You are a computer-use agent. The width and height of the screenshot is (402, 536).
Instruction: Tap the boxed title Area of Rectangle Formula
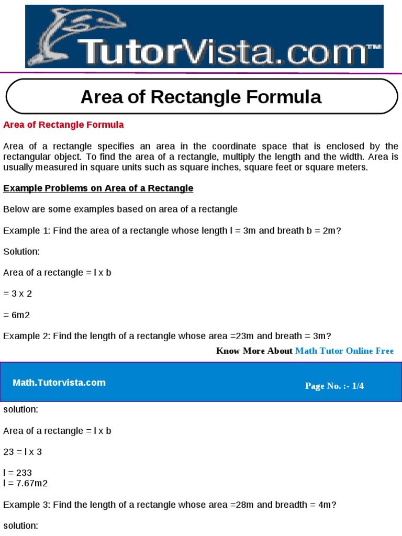(x=201, y=97)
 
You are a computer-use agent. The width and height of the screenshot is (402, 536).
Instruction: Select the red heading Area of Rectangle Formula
(x=63, y=125)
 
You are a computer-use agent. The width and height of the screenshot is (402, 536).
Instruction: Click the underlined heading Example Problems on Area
(x=98, y=188)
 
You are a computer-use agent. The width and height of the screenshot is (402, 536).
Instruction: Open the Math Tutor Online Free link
(x=344, y=351)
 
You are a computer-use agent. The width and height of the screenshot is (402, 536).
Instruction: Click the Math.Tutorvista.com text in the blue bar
(x=59, y=383)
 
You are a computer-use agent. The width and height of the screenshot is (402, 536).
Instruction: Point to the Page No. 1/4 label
(x=334, y=386)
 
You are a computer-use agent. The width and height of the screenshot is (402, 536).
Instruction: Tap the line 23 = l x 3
(x=23, y=452)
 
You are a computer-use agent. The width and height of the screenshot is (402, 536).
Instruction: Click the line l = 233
(x=17, y=473)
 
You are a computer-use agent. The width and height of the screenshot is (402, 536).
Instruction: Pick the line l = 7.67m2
(x=25, y=483)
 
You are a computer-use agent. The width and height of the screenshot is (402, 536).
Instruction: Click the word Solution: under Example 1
(x=21, y=252)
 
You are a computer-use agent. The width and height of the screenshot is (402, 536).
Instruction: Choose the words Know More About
(x=254, y=351)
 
